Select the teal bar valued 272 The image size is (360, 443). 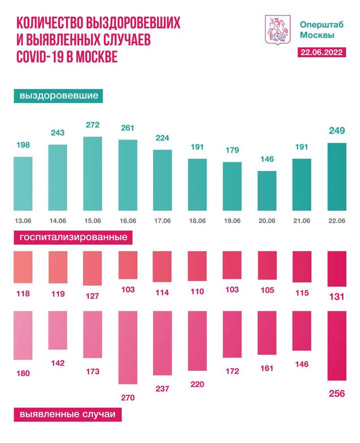pyautogui.click(x=92, y=173)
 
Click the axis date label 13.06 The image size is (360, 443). pyautogui.click(x=22, y=220)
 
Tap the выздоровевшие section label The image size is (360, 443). pyautogui.click(x=58, y=95)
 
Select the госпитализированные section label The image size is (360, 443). pyautogui.click(x=73, y=237)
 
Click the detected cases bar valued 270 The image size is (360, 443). pyautogui.click(x=127, y=347)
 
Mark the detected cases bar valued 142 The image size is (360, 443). pyautogui.click(x=57, y=330)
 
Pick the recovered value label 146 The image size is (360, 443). pyautogui.click(x=266, y=160)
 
